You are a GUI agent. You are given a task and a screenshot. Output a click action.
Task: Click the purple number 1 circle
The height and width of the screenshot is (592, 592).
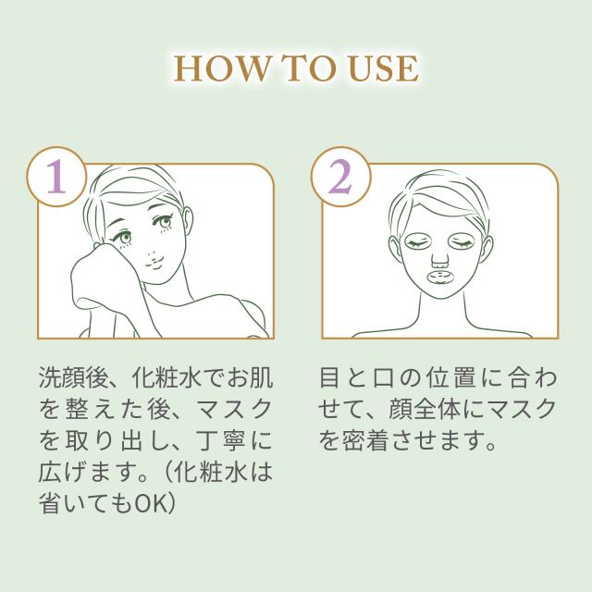coord(57,176)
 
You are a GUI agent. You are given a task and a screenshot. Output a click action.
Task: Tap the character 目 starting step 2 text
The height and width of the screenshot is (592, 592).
coord(331,379)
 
